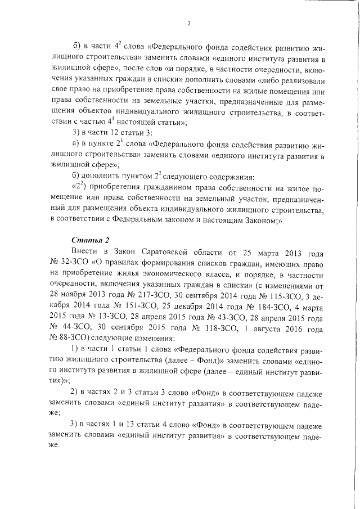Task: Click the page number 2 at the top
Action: [x=188, y=23]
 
